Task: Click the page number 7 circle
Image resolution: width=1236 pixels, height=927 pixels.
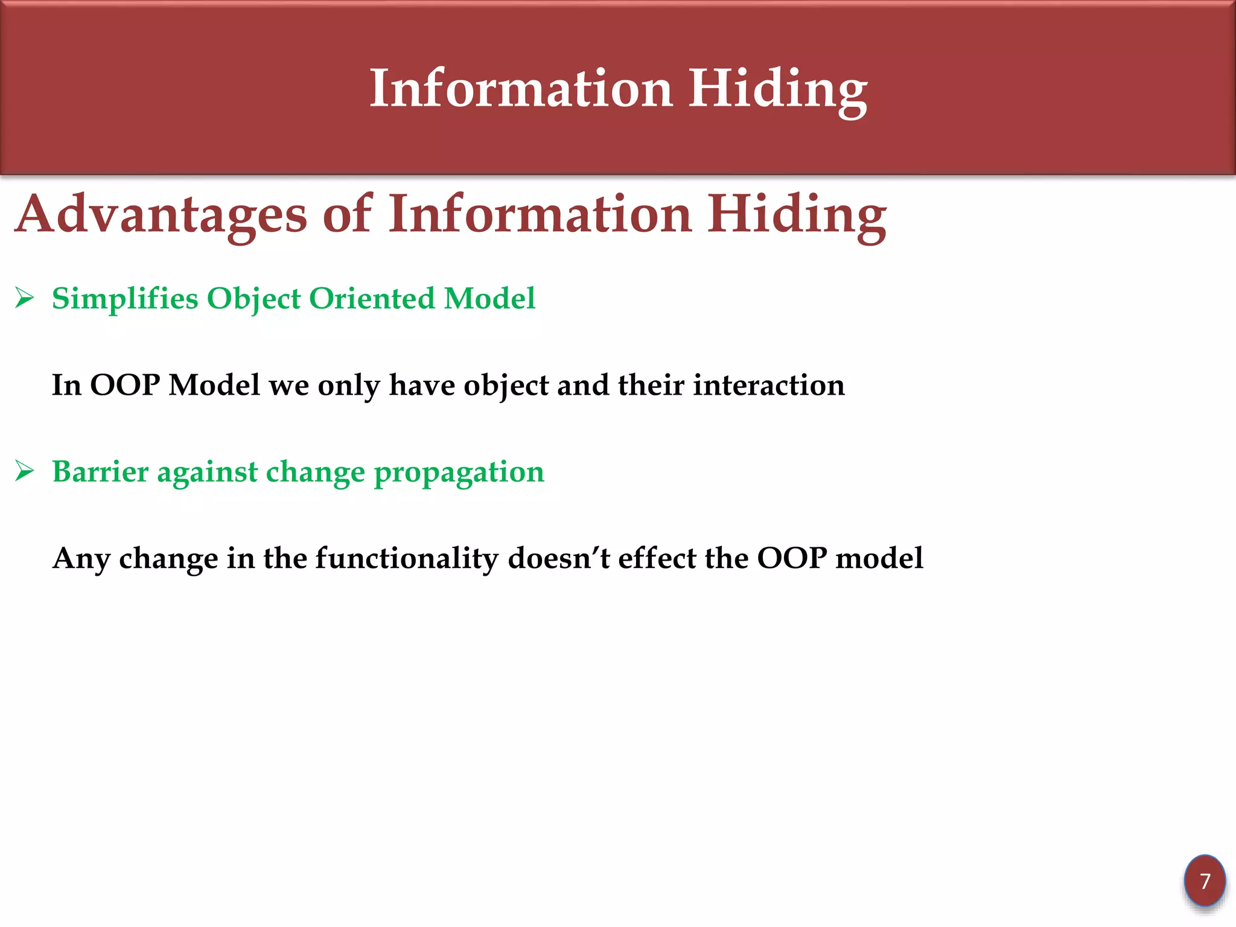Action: pyautogui.click(x=1205, y=881)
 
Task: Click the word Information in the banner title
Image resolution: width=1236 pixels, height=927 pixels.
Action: pyautogui.click(x=521, y=89)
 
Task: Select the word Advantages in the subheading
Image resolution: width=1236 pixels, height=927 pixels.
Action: pyautogui.click(x=161, y=215)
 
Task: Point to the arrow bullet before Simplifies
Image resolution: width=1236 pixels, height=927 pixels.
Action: pyautogui.click(x=24, y=298)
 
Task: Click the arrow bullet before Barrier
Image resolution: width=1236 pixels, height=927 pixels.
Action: pyautogui.click(x=24, y=471)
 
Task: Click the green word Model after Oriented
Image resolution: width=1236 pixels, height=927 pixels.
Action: pyautogui.click(x=489, y=298)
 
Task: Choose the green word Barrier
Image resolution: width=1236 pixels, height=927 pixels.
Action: pyautogui.click(x=100, y=471)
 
